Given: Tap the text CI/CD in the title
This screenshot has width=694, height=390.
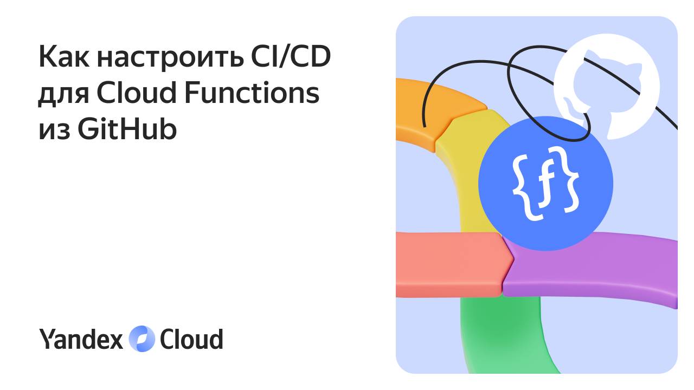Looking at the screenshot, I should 290,57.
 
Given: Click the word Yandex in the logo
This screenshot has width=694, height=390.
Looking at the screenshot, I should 81,339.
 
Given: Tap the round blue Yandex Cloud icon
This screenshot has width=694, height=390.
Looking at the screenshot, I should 142,339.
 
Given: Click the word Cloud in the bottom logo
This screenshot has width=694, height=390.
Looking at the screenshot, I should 191,339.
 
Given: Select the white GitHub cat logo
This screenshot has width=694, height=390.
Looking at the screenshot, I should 606,87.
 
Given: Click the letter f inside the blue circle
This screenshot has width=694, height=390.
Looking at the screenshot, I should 545,187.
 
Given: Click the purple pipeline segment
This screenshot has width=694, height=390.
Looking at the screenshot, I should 591,268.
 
